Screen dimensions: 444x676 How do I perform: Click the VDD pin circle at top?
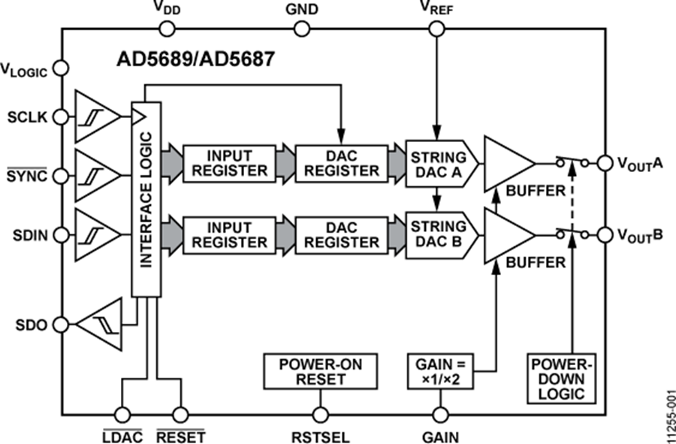[x=166, y=29]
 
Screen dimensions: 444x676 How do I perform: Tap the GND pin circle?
[x=301, y=29]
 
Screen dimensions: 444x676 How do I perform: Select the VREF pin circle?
[x=436, y=29]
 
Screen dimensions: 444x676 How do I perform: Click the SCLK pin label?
[x=27, y=118]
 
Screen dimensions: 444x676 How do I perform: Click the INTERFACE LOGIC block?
[x=146, y=199]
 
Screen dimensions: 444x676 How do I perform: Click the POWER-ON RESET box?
[x=321, y=372]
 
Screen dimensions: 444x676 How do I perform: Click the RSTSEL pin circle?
[x=321, y=414]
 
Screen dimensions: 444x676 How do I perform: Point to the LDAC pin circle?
[x=121, y=414]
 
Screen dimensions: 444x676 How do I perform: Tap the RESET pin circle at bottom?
[x=180, y=414]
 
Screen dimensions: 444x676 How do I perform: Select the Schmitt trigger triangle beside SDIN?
[x=95, y=234]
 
